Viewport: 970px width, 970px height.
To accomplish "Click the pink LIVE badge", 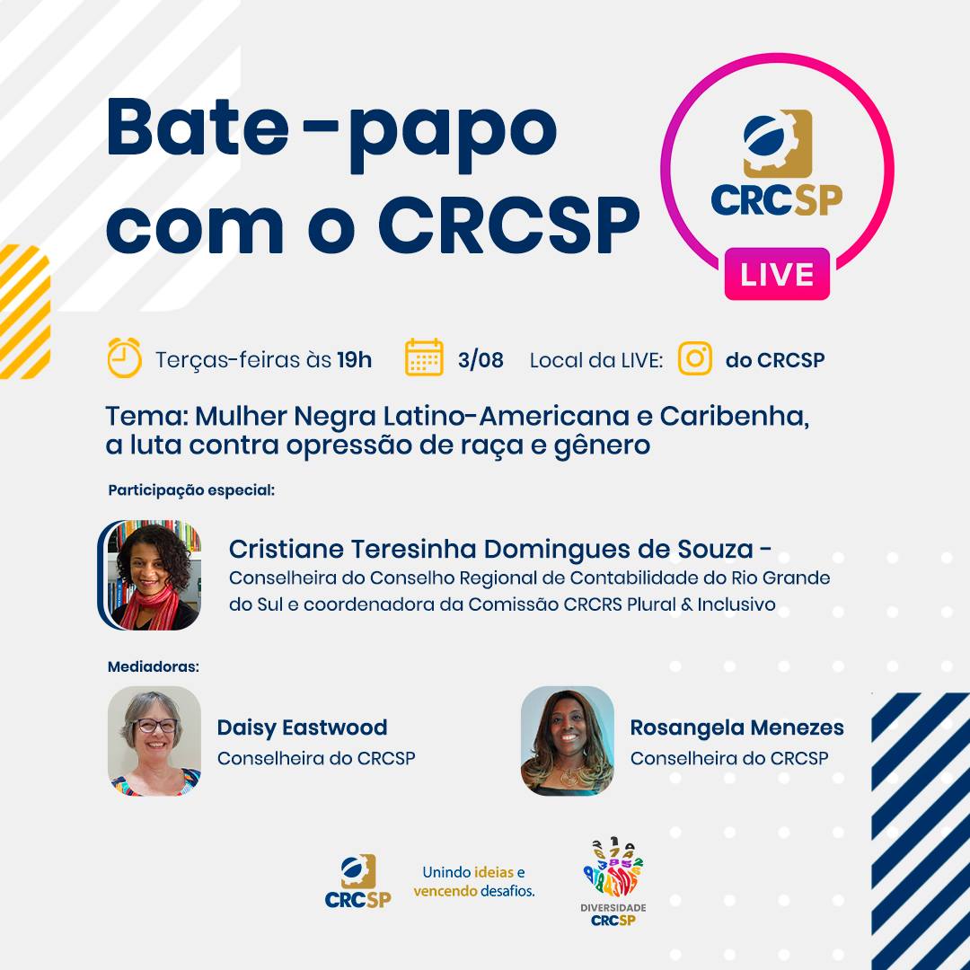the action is tap(776, 274).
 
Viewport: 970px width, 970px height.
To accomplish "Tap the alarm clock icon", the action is tap(124, 357).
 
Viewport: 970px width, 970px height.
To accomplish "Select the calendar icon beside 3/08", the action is tap(424, 357).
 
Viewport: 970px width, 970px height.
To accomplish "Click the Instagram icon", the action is tap(694, 358).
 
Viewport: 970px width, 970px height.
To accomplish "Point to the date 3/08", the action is tap(481, 359).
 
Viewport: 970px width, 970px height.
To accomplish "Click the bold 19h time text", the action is tap(355, 359).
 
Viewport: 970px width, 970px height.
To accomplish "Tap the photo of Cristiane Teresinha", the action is tap(150, 575).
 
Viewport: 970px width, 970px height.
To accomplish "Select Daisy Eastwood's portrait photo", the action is tap(154, 740).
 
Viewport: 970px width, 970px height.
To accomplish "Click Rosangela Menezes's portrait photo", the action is tap(568, 740).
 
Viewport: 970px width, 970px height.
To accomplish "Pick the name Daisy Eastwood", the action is tap(302, 727).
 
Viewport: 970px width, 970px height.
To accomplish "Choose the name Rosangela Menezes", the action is tap(736, 727).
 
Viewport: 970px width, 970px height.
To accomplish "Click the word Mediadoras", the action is tap(154, 666).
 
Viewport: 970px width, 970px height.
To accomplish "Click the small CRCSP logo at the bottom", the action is tap(358, 881).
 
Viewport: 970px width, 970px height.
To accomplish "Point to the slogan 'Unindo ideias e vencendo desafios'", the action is tap(474, 882).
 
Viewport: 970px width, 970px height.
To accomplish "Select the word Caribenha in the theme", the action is tap(735, 416).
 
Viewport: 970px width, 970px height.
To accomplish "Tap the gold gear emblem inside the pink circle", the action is tap(778, 144).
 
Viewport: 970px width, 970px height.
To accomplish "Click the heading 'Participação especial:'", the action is tap(191, 490).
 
